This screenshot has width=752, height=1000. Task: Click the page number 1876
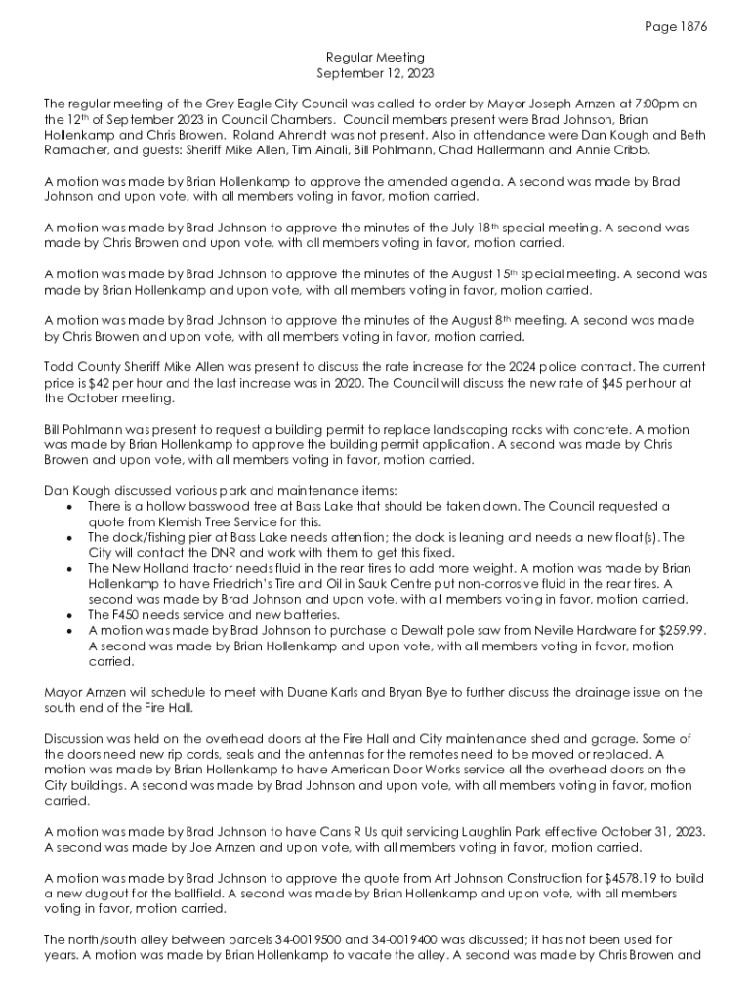coord(690,27)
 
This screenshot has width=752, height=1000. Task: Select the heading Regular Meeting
coord(375,59)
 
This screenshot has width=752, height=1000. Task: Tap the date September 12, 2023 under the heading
coord(375,73)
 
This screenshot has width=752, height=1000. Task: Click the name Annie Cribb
coord(617,150)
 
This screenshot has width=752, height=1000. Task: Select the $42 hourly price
coord(100,383)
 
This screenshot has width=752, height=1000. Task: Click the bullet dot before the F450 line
coord(66,615)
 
